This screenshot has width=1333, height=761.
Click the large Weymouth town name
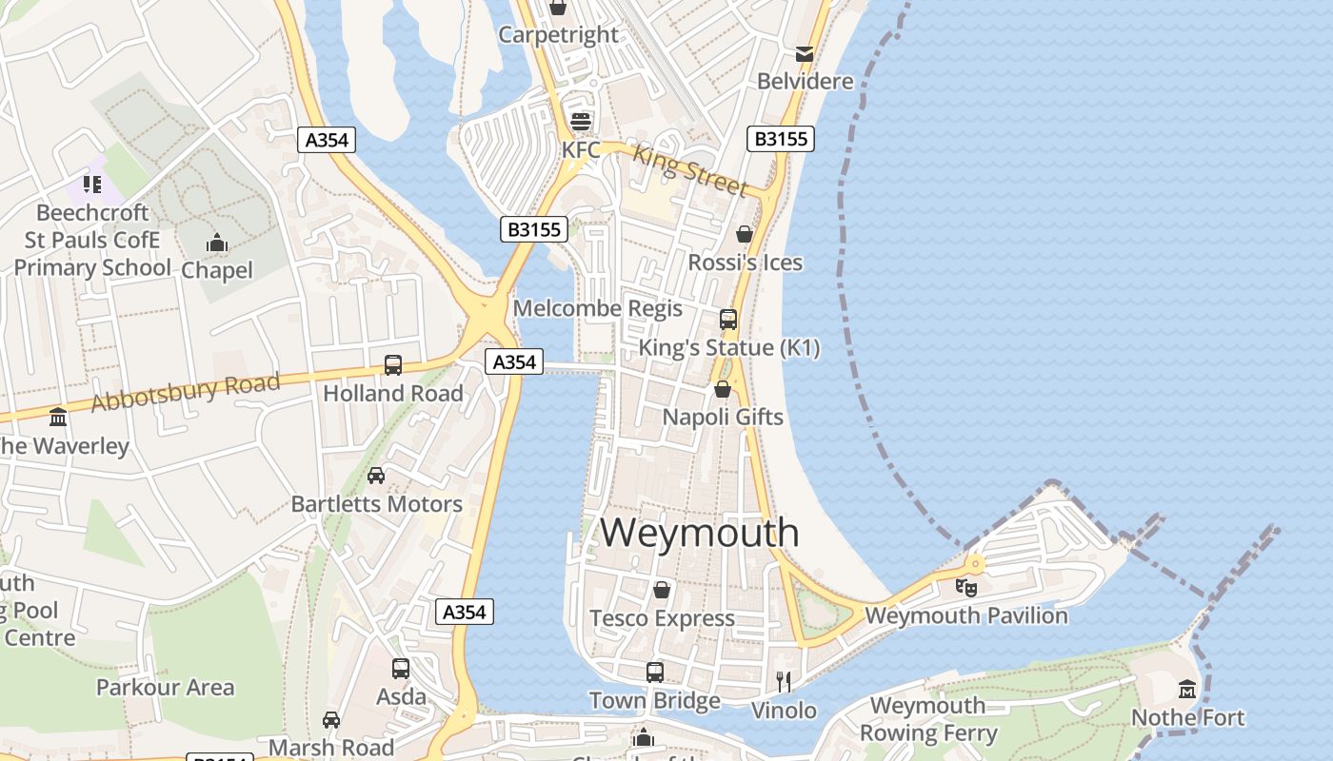(x=699, y=533)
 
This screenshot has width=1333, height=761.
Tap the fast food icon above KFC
(x=580, y=122)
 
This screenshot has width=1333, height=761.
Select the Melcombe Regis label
(x=597, y=308)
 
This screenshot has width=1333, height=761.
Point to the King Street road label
(x=690, y=169)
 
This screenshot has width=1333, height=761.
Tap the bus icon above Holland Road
(x=392, y=364)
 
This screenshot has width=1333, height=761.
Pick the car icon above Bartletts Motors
(x=376, y=475)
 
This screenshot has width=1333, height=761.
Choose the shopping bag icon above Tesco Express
(x=662, y=590)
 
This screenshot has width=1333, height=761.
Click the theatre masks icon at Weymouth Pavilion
(x=966, y=587)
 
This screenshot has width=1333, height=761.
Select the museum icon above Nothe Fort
(x=1187, y=689)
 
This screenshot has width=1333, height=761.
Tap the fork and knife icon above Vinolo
(x=784, y=681)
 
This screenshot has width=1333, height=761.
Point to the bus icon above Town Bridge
(x=655, y=673)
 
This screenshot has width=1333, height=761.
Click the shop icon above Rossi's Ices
(x=745, y=234)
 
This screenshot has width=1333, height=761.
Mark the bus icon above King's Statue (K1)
(x=728, y=319)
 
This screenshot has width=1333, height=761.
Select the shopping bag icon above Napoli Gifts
(x=723, y=389)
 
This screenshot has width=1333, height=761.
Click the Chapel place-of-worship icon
(x=217, y=243)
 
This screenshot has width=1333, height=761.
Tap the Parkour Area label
(x=165, y=687)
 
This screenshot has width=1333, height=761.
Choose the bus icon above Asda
(x=401, y=669)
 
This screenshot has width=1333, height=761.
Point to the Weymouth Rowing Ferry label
(x=928, y=719)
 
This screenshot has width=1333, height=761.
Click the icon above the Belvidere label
(x=805, y=54)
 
